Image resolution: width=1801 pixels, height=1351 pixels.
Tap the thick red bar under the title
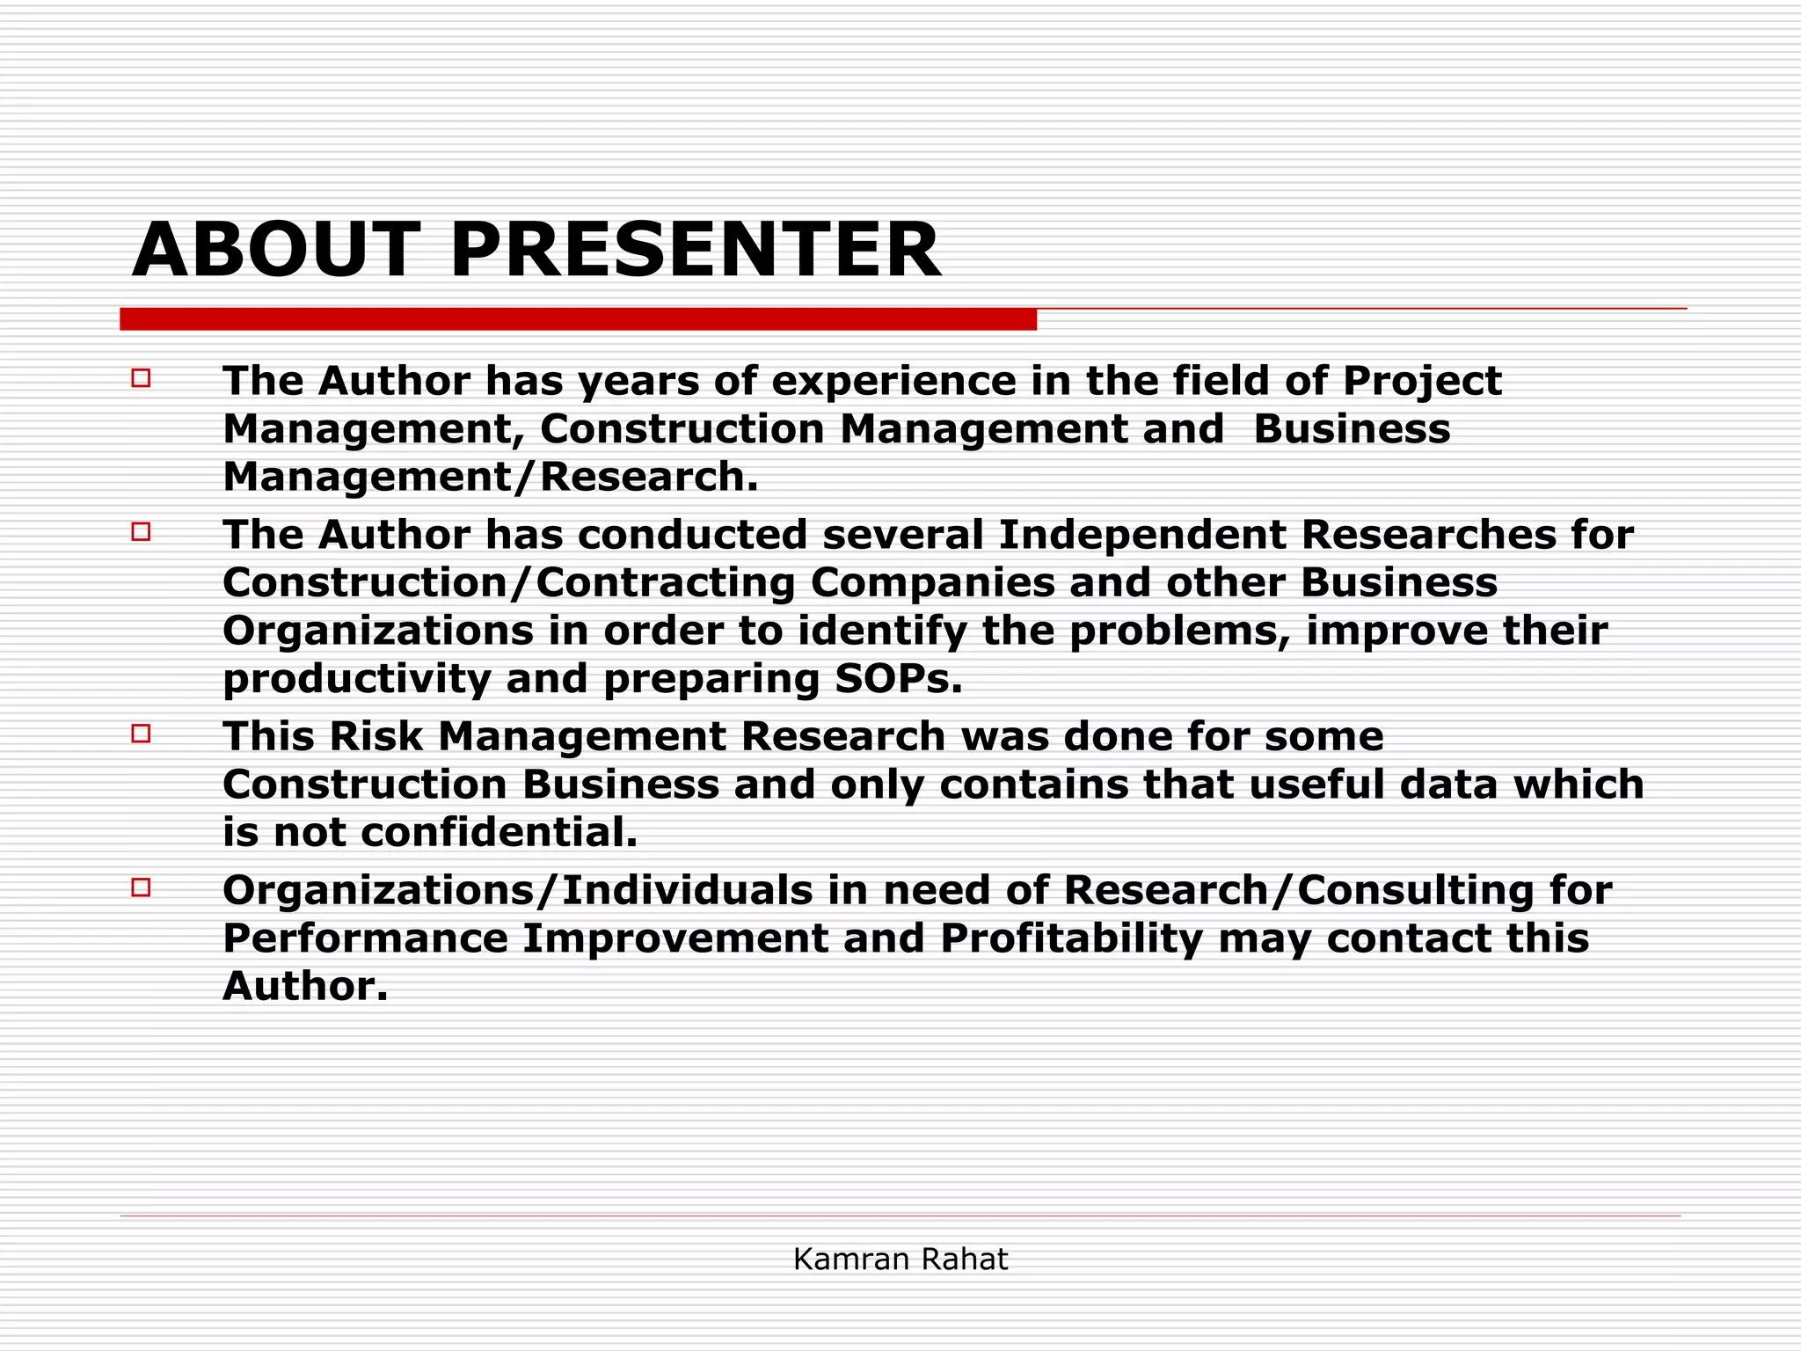578,319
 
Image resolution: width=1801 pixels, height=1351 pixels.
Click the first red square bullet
141,378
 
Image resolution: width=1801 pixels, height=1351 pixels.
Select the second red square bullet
141,531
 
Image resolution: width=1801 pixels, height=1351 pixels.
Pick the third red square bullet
141,733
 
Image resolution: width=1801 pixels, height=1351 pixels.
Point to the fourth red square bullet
141,887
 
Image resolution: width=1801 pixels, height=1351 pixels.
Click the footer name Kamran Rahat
900,1260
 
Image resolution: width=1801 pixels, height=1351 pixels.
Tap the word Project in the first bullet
1422,382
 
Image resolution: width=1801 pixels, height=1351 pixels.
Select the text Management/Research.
490,477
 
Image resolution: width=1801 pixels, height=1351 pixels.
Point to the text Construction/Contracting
508,583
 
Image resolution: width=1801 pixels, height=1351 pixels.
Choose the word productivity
356,679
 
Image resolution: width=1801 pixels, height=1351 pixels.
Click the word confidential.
499,832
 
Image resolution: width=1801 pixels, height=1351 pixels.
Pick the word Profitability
1071,938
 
